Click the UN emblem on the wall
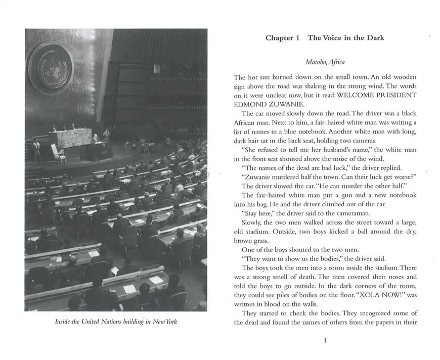[x=51, y=68]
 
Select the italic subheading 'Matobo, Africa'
[x=325, y=62]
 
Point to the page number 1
[x=325, y=340]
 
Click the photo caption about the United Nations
[x=116, y=322]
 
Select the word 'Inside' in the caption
[x=64, y=322]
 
